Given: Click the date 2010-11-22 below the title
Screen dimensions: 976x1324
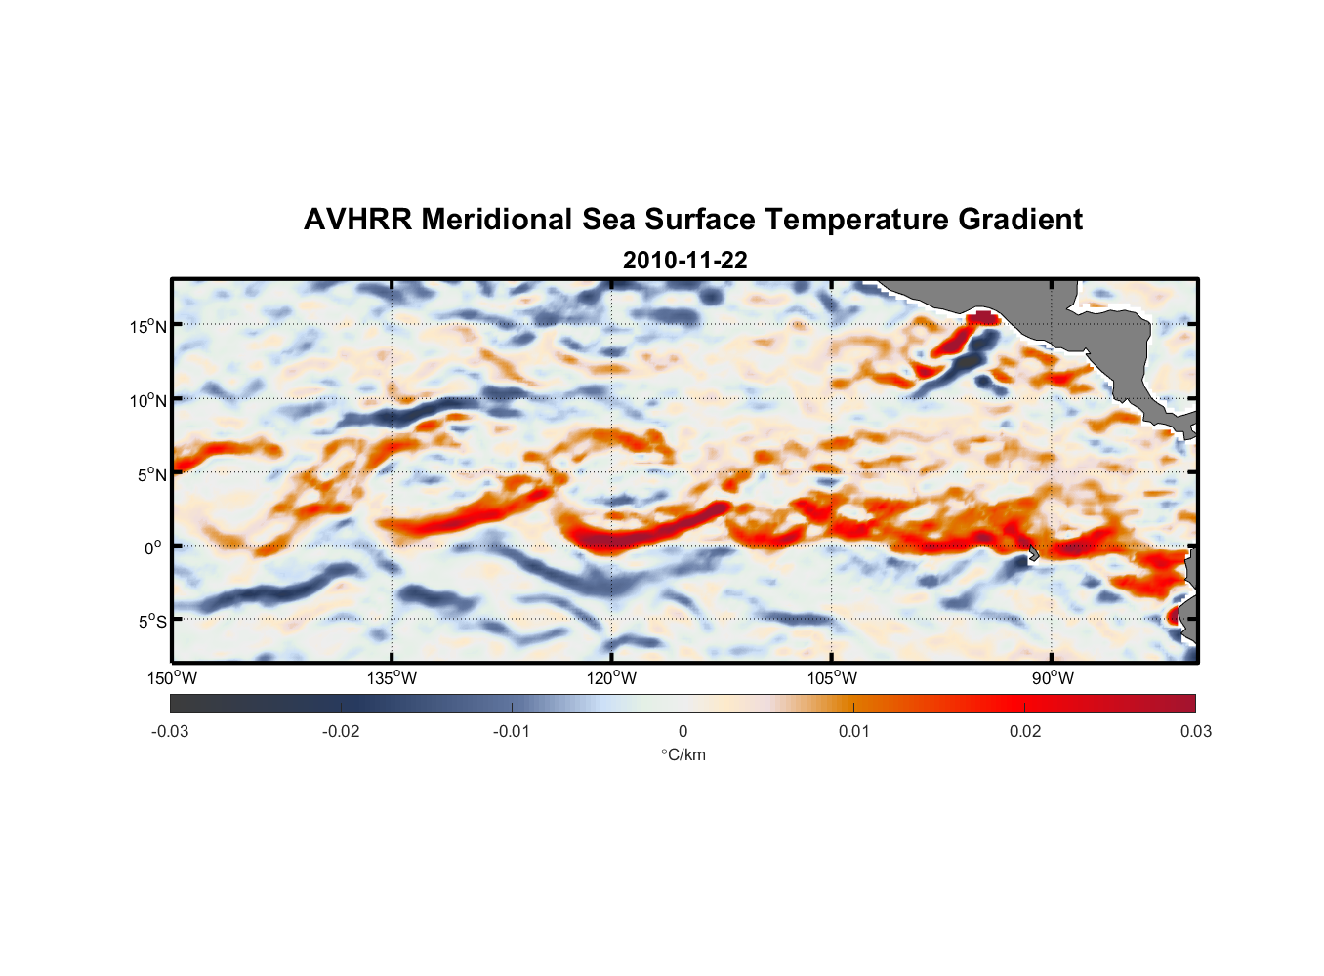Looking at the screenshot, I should (x=684, y=261).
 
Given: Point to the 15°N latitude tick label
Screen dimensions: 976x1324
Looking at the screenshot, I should (x=148, y=326).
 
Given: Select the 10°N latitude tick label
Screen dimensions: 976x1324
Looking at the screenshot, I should (x=148, y=400).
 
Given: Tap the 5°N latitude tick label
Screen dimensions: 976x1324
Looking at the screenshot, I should (x=151, y=474).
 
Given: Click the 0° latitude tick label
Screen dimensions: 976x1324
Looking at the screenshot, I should (x=154, y=548).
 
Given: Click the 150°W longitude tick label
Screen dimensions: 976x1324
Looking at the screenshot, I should (x=172, y=678).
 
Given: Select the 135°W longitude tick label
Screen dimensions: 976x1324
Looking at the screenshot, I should (x=392, y=678).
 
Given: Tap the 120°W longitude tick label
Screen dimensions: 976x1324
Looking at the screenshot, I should (x=611, y=678).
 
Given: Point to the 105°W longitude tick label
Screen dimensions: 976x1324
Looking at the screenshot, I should (x=832, y=678).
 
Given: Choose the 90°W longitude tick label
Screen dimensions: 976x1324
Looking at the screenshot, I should (x=1053, y=678).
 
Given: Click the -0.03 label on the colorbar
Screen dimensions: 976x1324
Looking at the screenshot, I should (x=170, y=732).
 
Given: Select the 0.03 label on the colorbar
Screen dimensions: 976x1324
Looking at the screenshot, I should (x=1195, y=732).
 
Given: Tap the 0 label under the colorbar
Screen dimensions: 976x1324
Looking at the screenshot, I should (x=683, y=732).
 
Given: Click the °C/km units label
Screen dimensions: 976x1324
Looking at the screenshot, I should (x=683, y=754).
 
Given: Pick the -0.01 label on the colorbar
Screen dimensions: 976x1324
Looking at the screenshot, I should (x=512, y=732).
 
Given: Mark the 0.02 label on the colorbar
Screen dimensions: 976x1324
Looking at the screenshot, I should (x=1024, y=732).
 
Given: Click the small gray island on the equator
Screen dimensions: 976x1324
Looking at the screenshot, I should (x=1032, y=552).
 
